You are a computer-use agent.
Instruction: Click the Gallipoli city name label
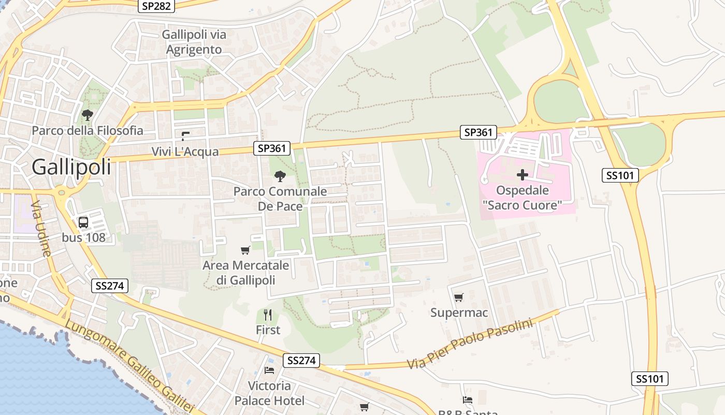[71, 167]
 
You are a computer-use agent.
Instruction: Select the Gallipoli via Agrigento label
[194, 42]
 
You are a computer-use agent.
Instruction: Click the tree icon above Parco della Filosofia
[88, 115]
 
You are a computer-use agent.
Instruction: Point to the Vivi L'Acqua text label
[185, 151]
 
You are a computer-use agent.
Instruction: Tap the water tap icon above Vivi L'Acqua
[185, 136]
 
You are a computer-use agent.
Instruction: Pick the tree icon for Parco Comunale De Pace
[280, 176]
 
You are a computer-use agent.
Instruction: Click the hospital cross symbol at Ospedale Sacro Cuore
[522, 175]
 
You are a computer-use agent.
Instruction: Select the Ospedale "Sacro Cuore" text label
[522, 198]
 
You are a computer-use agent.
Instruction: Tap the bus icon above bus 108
[83, 223]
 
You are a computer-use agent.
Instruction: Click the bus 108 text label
[83, 238]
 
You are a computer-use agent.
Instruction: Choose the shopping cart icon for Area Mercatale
[245, 250]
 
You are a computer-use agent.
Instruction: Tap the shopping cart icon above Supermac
[458, 298]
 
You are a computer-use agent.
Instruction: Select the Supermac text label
[459, 313]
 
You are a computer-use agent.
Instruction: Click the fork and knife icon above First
[268, 315]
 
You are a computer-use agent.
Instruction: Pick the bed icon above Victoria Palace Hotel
[269, 370]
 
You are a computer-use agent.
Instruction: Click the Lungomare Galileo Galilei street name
[129, 366]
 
